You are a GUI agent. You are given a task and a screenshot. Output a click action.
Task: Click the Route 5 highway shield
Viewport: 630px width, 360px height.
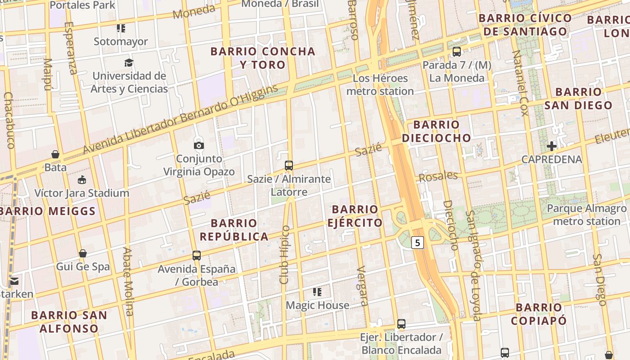(418, 243)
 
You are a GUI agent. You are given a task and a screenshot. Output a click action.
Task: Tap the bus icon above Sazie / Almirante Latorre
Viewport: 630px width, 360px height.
(289, 165)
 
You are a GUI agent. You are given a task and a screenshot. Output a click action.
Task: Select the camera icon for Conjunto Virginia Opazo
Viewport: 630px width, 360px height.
(198, 145)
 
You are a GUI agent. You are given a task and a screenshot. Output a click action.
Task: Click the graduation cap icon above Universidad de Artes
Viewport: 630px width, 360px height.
(129, 63)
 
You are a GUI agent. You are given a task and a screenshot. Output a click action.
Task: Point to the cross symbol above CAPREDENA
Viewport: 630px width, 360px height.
(552, 146)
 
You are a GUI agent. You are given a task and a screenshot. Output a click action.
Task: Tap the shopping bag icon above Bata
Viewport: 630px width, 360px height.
(55, 154)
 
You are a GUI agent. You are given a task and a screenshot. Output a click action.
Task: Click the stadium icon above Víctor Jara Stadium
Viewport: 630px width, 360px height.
(82, 180)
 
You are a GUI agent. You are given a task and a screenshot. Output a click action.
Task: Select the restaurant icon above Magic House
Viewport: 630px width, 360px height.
(317, 292)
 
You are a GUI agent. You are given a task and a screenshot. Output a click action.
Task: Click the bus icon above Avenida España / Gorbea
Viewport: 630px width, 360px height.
(197, 255)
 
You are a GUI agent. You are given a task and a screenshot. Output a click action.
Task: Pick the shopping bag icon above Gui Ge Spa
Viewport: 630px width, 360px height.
(83, 253)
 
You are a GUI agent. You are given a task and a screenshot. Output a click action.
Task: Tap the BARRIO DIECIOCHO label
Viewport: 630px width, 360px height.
(436, 131)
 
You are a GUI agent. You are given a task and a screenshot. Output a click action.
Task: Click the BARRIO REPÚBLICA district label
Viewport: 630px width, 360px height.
(234, 229)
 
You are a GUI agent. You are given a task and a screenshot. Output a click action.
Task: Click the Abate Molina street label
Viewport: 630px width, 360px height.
(128, 281)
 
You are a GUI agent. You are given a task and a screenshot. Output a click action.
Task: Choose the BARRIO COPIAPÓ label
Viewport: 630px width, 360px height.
(539, 314)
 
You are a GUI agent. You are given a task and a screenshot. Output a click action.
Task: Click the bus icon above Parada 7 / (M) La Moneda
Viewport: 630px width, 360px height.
(457, 52)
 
